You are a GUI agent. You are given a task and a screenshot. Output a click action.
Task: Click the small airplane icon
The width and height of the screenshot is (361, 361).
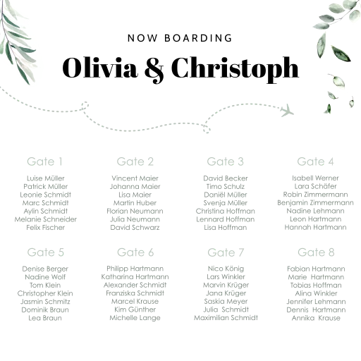(x=287, y=110)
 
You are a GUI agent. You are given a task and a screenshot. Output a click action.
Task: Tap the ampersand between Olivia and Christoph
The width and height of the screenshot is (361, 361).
(x=154, y=70)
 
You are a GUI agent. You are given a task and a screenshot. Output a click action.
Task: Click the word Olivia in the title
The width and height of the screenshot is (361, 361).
(x=100, y=68)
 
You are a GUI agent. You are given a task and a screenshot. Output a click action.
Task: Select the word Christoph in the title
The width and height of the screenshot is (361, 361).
(x=235, y=70)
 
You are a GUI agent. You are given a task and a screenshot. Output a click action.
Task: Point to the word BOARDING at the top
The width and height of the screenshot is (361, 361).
(x=198, y=38)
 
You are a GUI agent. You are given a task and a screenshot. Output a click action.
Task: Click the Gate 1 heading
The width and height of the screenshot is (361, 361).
(x=44, y=161)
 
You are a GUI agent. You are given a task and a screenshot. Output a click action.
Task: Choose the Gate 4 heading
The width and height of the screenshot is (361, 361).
(x=315, y=161)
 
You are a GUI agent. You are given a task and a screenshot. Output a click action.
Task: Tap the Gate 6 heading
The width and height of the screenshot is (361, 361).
(x=135, y=252)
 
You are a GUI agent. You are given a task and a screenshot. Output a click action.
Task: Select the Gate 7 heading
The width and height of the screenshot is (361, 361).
(x=226, y=252)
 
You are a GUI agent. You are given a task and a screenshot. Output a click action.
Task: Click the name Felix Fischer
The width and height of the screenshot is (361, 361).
(x=45, y=228)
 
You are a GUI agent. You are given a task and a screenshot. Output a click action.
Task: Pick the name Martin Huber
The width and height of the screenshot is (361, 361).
(x=135, y=203)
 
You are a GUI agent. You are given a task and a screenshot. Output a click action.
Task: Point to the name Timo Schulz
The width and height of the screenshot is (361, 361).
(x=226, y=186)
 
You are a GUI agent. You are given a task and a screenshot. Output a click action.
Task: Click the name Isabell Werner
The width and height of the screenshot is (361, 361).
(x=315, y=178)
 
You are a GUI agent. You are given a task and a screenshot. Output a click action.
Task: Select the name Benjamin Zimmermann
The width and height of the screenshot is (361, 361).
(x=315, y=202)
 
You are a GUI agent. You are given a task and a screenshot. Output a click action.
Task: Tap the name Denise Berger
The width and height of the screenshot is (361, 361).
(x=45, y=269)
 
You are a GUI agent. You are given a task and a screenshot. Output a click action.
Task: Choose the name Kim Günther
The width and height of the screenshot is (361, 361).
(x=135, y=310)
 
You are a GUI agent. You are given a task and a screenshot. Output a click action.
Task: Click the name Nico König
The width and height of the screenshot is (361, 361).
(x=226, y=269)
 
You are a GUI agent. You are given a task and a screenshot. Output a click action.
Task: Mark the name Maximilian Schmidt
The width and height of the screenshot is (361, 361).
(x=226, y=318)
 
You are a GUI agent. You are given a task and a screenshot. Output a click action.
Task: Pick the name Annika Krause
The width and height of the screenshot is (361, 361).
(x=316, y=318)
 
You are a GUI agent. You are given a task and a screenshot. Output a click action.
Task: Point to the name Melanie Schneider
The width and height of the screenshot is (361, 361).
(x=46, y=219)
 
